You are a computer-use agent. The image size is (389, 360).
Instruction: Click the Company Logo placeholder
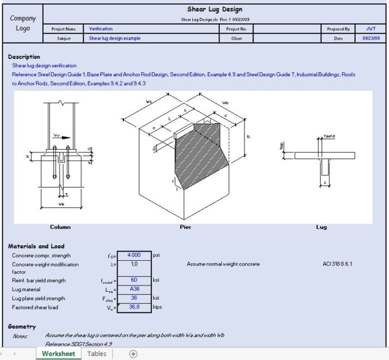(x=22, y=24)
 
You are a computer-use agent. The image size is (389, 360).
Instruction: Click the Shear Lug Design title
(x=215, y=9)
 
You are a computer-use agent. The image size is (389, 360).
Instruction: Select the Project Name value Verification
(x=101, y=28)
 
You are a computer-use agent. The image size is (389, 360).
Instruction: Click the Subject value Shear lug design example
(x=115, y=38)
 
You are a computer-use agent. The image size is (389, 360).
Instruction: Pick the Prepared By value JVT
(x=371, y=28)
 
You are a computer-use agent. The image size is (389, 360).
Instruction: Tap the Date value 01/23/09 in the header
(x=370, y=38)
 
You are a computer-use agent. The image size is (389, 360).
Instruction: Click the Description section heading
(x=24, y=57)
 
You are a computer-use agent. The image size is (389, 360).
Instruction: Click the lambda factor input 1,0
(x=134, y=264)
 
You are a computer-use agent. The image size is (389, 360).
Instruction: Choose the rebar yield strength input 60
(x=134, y=280)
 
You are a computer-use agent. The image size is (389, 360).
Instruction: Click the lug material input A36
(x=134, y=289)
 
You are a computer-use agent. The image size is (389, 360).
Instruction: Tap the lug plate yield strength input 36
(x=134, y=298)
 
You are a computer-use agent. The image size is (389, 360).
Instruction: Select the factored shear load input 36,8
(x=134, y=307)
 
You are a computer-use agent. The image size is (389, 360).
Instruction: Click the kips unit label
(x=158, y=307)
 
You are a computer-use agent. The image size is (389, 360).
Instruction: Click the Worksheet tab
(x=58, y=354)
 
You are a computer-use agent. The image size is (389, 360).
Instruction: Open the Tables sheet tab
(x=96, y=354)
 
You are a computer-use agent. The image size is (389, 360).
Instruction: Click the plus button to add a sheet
(x=133, y=354)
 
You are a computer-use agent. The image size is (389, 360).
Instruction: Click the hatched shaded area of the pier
(x=198, y=155)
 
